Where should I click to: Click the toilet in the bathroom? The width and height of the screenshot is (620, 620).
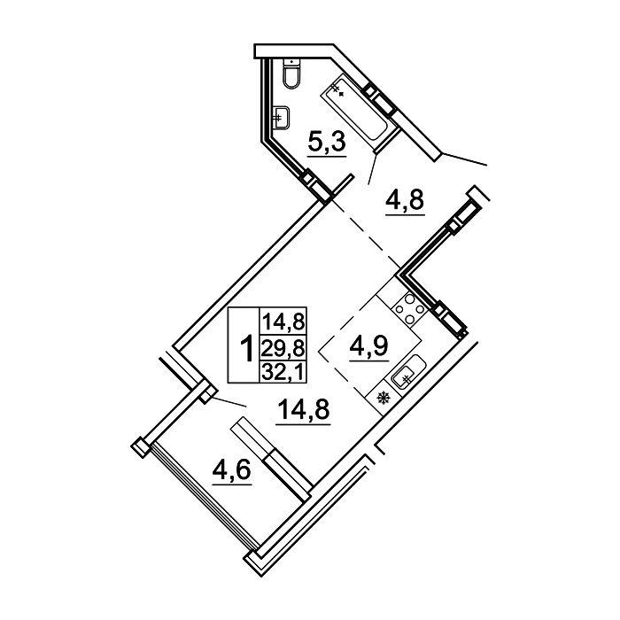(x=291, y=74)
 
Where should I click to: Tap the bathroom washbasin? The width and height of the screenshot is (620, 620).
(x=282, y=118)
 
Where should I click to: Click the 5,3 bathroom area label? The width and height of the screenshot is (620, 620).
(x=327, y=143)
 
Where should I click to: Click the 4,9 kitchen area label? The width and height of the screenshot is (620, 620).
(x=368, y=346)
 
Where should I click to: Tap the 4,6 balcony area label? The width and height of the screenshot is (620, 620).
(x=232, y=470)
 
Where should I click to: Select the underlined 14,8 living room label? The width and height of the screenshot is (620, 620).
(x=304, y=409)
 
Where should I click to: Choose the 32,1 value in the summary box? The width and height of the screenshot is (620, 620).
(x=283, y=372)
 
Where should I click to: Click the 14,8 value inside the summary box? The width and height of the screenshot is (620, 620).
(x=283, y=321)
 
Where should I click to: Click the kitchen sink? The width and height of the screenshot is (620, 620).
(x=407, y=370)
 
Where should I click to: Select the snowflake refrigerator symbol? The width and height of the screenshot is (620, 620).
(x=383, y=398)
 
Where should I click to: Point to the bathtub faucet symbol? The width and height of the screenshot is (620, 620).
(x=337, y=89)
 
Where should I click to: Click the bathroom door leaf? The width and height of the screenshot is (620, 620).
(x=372, y=170)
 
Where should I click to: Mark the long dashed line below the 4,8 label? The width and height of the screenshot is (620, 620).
(x=366, y=234)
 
